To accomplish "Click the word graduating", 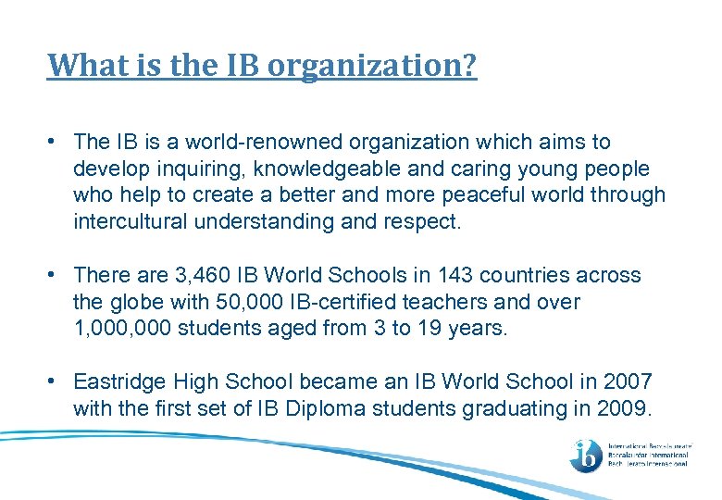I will [507, 407].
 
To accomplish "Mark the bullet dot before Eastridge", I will [56, 381].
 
